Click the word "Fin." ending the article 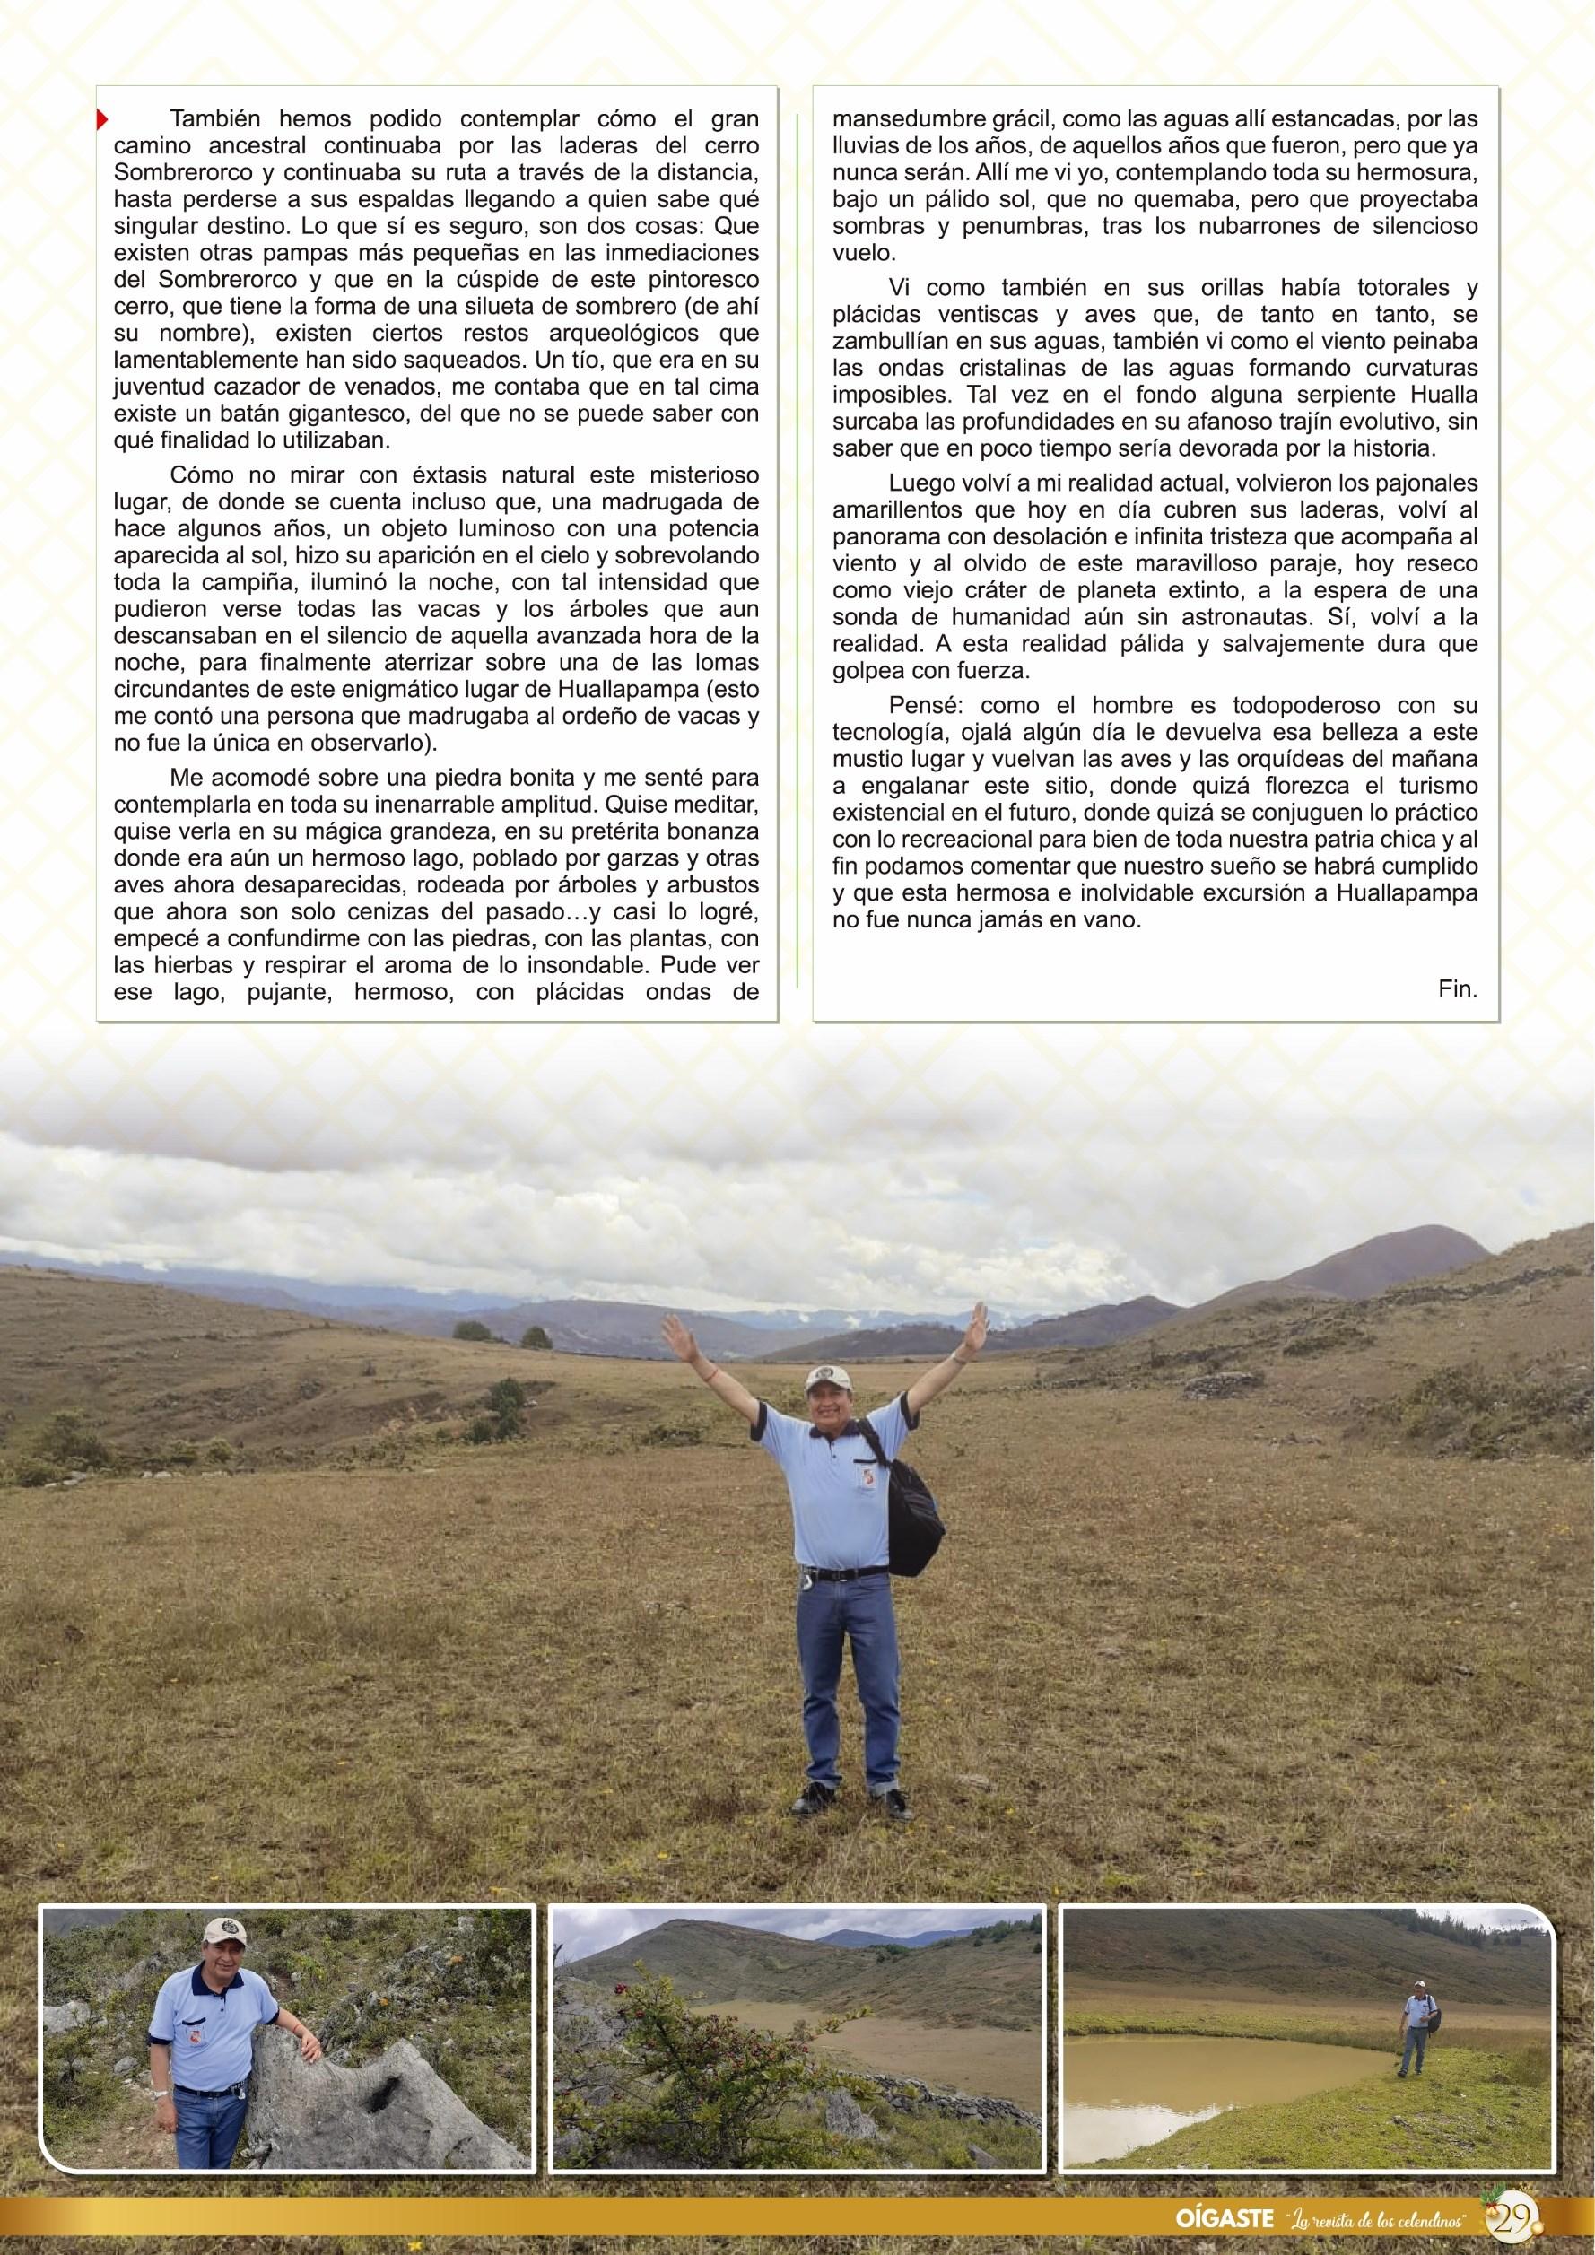pos(1458,990)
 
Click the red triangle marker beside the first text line pos(100,121)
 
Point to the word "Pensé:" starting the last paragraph pos(920,705)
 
